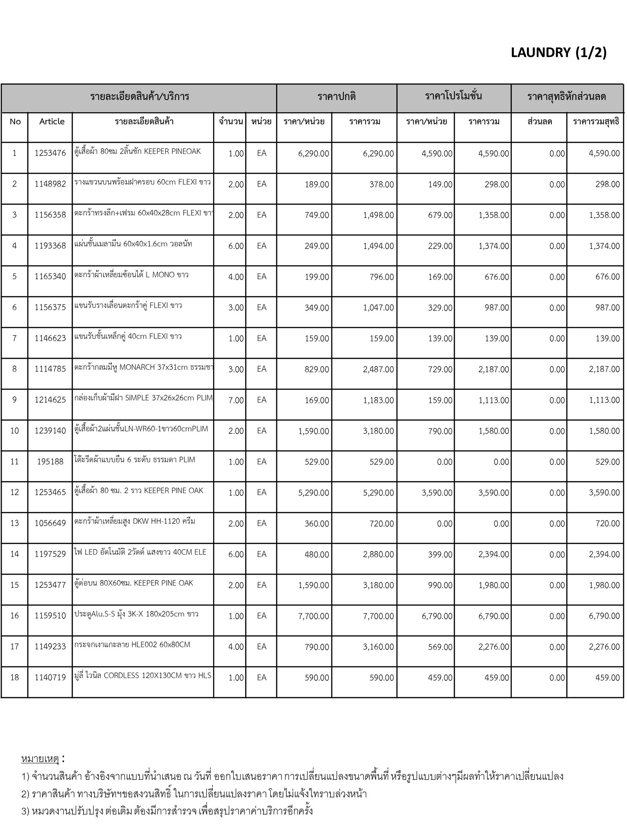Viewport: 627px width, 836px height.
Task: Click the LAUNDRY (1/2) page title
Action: [x=558, y=53]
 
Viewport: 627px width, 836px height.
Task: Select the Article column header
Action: [x=52, y=122]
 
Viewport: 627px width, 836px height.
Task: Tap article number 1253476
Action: [x=50, y=153]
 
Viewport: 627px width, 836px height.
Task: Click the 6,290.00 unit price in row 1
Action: [x=313, y=154]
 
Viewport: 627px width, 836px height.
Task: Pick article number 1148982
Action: [x=50, y=185]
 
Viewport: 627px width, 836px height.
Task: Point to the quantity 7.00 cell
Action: [x=236, y=400]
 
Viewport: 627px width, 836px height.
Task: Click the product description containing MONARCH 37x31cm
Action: [x=143, y=367]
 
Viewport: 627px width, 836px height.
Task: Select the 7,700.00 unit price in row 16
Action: [x=313, y=616]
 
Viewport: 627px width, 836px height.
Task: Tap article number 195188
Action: [x=50, y=462]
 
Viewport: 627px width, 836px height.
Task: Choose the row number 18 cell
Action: [x=15, y=678]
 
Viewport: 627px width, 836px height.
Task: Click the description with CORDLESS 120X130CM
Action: [x=143, y=676]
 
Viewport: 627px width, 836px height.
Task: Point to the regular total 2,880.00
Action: [x=378, y=555]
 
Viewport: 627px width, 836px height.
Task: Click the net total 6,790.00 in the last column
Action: [x=604, y=616]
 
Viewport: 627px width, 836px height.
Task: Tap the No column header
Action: [x=15, y=122]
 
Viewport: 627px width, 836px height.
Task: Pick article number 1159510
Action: [x=50, y=616]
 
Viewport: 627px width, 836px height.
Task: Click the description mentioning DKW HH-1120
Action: [x=135, y=521]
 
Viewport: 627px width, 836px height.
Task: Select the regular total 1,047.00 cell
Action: [x=378, y=308]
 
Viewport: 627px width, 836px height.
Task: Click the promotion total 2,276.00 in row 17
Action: [x=494, y=647]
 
